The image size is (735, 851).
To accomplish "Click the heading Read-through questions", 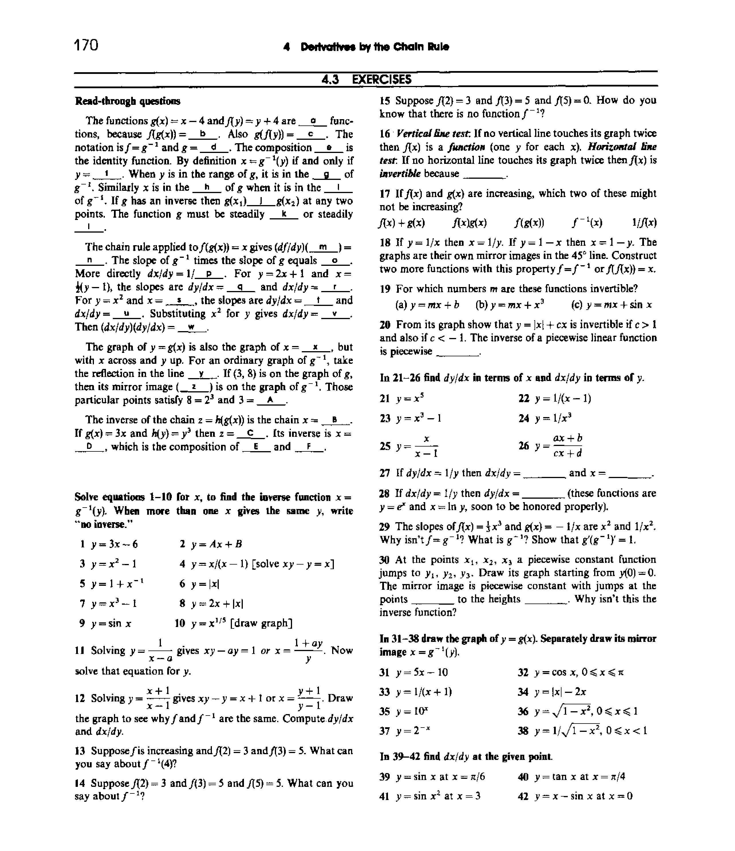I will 127,101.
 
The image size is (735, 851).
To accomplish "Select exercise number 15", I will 385,101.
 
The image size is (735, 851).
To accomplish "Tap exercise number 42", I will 523,796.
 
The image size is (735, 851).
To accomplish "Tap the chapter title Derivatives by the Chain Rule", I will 375,47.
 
